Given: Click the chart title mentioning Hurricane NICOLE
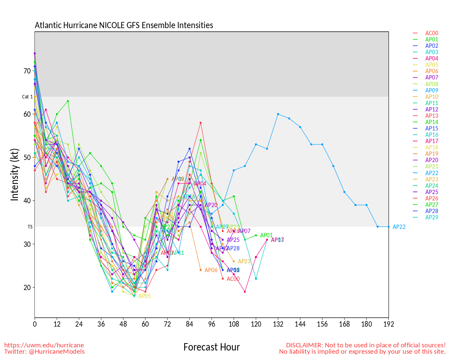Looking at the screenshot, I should (124, 25).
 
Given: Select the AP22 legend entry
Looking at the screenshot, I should (432, 173).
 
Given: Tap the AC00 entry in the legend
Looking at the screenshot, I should (432, 33).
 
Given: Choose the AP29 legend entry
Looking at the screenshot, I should (432, 218).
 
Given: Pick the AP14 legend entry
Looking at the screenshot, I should (432, 122).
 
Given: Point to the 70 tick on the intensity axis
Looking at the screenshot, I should (27, 71).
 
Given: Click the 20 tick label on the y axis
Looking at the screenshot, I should (27, 288).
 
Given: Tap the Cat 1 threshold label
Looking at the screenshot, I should (27, 97).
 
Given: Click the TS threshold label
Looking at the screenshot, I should (30, 227).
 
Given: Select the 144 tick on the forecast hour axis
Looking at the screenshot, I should (300, 324).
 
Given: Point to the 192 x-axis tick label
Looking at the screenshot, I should (388, 324).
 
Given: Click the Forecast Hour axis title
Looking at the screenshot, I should (211, 347).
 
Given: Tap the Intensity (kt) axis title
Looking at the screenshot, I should (14, 175).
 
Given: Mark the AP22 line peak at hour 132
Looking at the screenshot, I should (278, 114).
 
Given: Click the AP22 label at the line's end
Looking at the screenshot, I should (399, 227).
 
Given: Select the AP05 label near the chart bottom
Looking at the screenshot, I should (144, 296).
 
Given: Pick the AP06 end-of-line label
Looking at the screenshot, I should (211, 270).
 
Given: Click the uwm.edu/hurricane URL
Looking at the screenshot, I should (44, 345).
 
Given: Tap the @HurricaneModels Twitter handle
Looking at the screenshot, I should (56, 352).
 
